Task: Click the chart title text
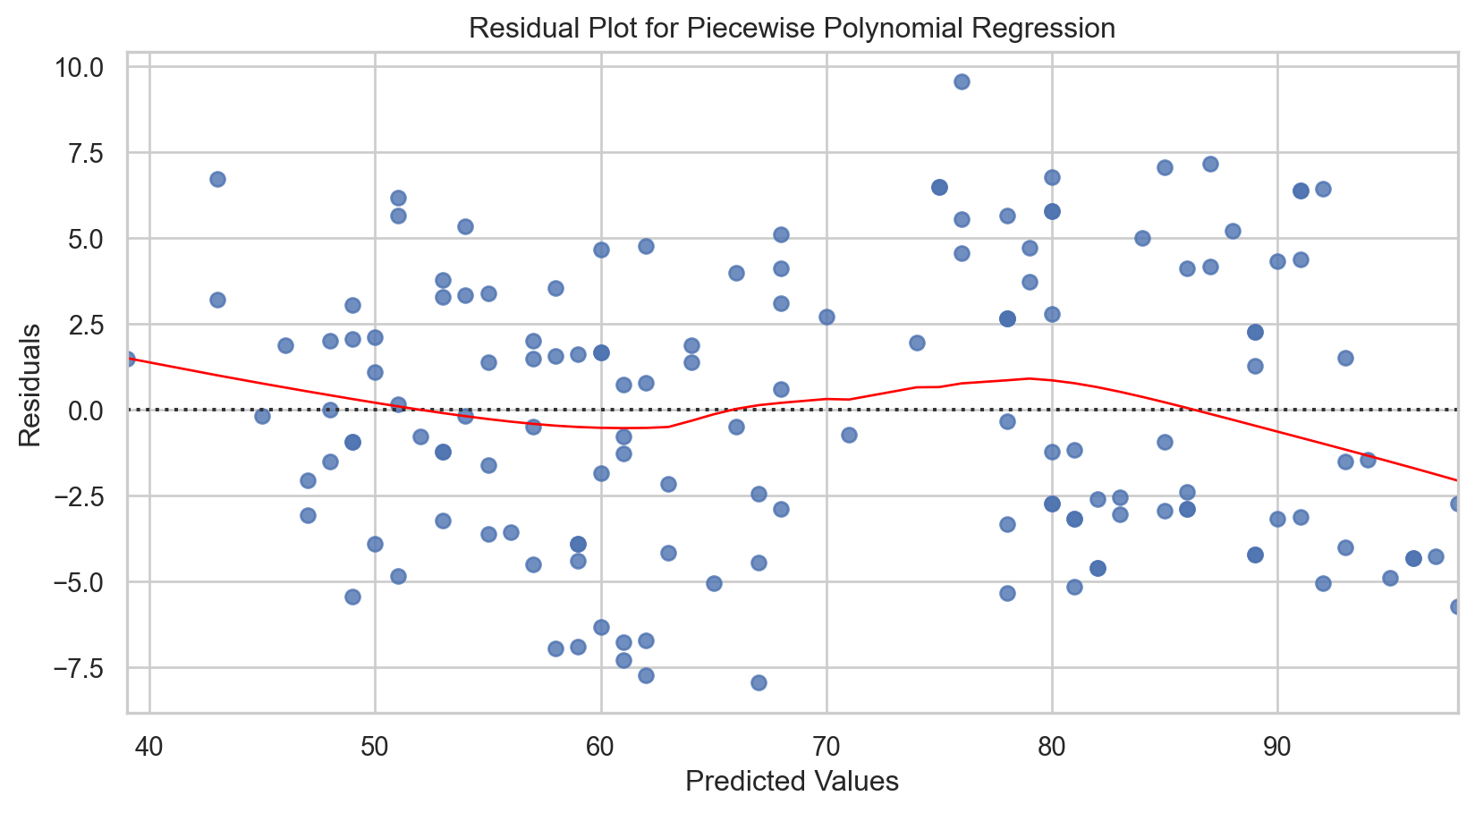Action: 792,29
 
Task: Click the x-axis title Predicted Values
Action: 792,782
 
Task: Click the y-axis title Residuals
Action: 30,385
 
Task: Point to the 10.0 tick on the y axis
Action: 91,68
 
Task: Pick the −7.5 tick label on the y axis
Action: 88,668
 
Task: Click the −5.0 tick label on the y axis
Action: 88,582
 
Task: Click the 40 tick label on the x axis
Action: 150,743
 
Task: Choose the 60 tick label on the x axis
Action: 601,743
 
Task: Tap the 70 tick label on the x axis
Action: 827,743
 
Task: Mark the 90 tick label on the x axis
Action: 1277,743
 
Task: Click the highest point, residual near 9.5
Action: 962,81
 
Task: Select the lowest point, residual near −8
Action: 759,682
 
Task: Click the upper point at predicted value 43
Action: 217,179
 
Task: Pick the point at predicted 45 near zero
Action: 262,416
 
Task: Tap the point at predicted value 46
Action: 285,345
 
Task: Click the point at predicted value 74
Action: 917,343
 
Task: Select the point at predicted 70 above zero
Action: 827,317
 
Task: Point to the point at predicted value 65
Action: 714,583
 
